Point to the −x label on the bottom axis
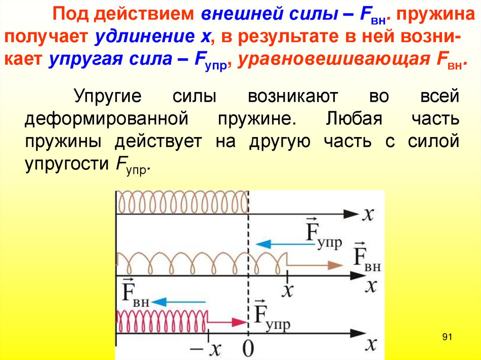coord(210,349)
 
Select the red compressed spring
coord(162,322)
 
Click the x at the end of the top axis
coord(369,214)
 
